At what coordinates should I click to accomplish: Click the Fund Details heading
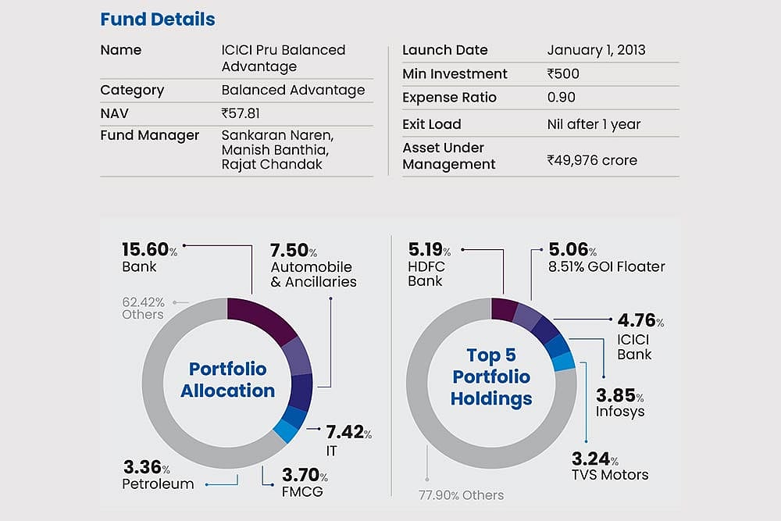point(158,19)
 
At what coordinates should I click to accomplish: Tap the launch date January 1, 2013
point(596,50)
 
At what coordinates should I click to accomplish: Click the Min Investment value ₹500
point(563,74)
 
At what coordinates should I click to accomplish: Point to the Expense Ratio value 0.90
point(562,98)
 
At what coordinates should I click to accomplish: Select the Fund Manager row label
point(150,135)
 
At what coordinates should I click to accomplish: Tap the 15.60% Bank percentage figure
point(149,250)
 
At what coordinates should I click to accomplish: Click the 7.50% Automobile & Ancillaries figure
point(293,251)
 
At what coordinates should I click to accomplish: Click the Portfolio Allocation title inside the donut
point(227,379)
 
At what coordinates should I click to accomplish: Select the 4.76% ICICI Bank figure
point(640,321)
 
